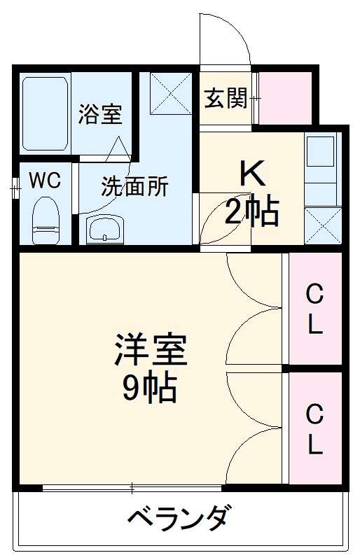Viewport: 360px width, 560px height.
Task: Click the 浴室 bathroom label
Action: tap(99, 115)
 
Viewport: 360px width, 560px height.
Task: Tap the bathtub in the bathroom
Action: tap(45, 113)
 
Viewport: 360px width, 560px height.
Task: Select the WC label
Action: tap(44, 181)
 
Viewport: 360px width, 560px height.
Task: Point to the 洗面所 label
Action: tap(134, 187)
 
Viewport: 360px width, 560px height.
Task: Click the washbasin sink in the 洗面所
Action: tap(104, 228)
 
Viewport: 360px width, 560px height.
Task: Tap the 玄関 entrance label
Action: tap(225, 99)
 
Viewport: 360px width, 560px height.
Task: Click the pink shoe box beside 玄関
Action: tap(286, 98)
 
